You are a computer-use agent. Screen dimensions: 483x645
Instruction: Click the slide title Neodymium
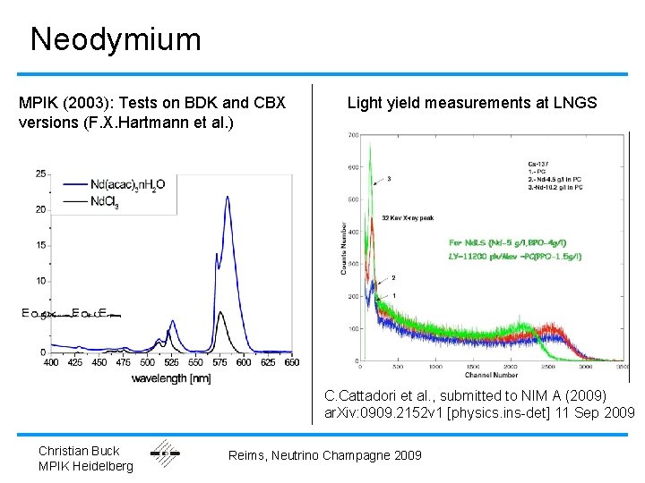click(x=116, y=39)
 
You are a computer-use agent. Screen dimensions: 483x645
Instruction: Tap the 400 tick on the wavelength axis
click(x=51, y=362)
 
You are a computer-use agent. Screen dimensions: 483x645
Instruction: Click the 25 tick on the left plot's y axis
click(x=40, y=173)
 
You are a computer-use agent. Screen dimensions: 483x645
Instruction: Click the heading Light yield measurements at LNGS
click(x=471, y=103)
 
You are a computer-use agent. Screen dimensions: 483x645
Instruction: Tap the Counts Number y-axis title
click(x=343, y=249)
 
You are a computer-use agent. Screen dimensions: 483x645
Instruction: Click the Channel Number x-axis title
click(x=491, y=374)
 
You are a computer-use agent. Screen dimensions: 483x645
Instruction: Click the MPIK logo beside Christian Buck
click(x=165, y=453)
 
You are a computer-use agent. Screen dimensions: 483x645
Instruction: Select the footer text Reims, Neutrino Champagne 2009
click(x=324, y=456)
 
